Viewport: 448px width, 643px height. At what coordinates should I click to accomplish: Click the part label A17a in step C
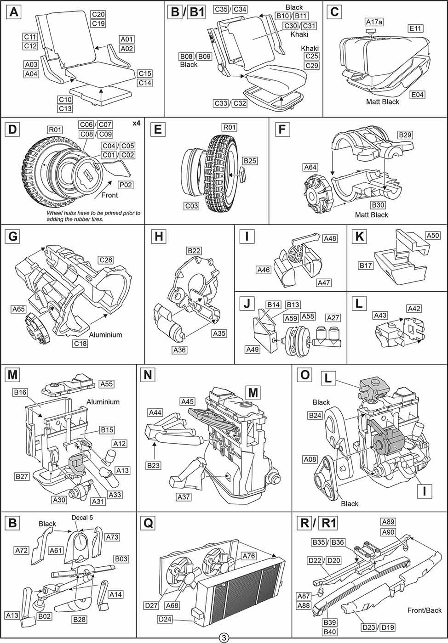click(x=374, y=22)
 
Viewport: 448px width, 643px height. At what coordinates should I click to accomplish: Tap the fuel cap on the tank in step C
click(x=371, y=31)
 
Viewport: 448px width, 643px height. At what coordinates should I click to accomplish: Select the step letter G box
click(x=13, y=237)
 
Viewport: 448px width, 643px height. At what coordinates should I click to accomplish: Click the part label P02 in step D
click(x=126, y=185)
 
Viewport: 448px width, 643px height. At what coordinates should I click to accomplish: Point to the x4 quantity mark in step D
click(x=136, y=123)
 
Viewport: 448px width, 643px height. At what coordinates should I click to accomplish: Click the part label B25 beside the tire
click(x=250, y=161)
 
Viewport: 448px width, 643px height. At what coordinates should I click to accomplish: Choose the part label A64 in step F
click(x=310, y=167)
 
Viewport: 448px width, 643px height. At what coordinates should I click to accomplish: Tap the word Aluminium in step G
click(x=105, y=335)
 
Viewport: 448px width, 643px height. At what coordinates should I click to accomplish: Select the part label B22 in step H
click(x=194, y=251)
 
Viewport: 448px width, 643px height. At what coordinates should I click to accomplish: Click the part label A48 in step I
click(x=330, y=238)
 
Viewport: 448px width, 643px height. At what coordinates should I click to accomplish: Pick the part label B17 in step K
click(x=366, y=265)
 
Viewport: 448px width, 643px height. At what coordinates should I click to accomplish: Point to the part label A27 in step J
click(x=333, y=318)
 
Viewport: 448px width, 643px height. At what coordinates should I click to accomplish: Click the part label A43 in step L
click(x=380, y=316)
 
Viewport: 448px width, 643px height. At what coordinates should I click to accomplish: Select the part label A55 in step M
click(x=106, y=384)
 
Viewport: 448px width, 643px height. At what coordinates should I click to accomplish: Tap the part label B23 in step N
click(x=153, y=465)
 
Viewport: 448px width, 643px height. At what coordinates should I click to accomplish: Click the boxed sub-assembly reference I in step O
click(x=425, y=491)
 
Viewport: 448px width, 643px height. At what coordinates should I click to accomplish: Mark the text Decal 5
click(x=82, y=518)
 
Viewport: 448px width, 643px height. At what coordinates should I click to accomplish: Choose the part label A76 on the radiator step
click(x=249, y=556)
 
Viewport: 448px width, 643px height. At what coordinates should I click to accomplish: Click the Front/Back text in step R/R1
click(x=424, y=610)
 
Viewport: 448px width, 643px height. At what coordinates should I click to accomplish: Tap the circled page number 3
click(x=224, y=638)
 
